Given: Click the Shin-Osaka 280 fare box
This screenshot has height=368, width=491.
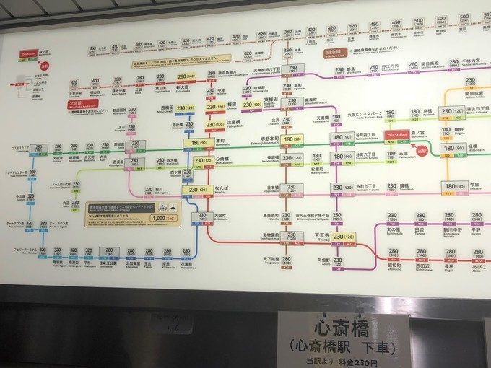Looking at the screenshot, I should point(187,76).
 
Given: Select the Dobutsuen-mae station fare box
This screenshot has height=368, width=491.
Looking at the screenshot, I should point(292,236).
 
